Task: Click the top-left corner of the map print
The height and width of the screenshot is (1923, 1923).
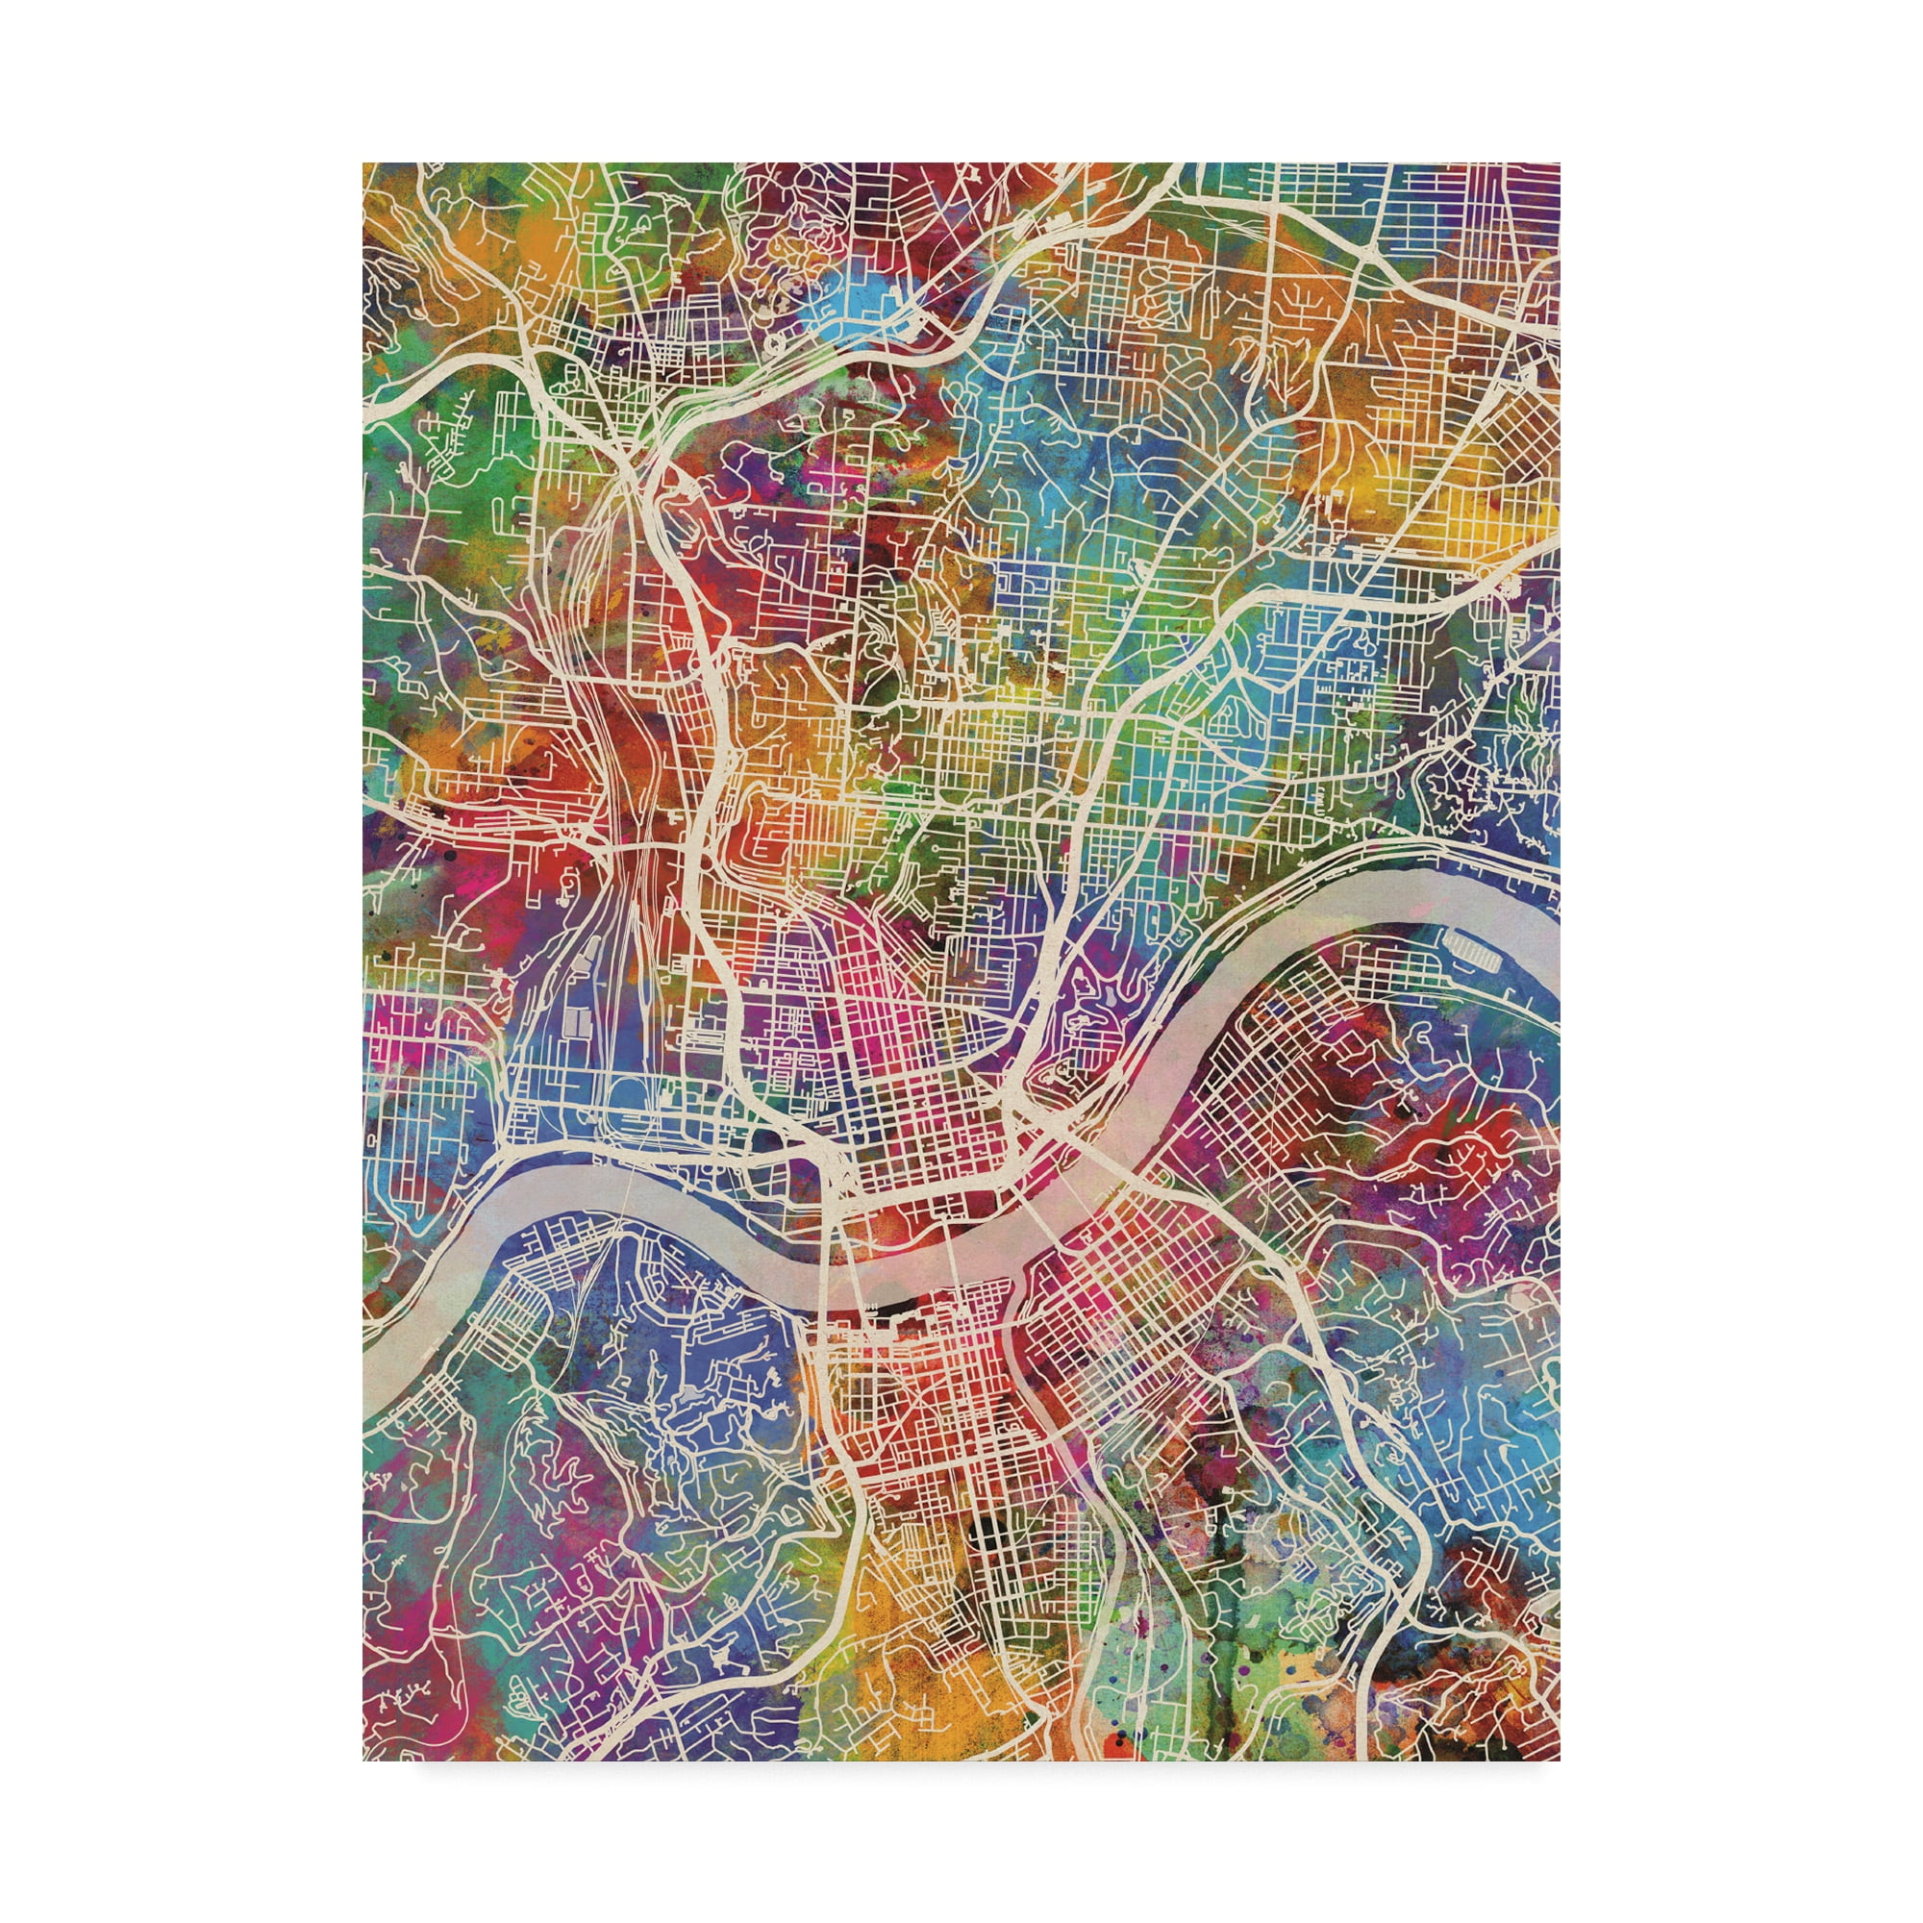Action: [363, 164]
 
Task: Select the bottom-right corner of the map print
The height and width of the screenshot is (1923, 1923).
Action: [1560, 1759]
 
